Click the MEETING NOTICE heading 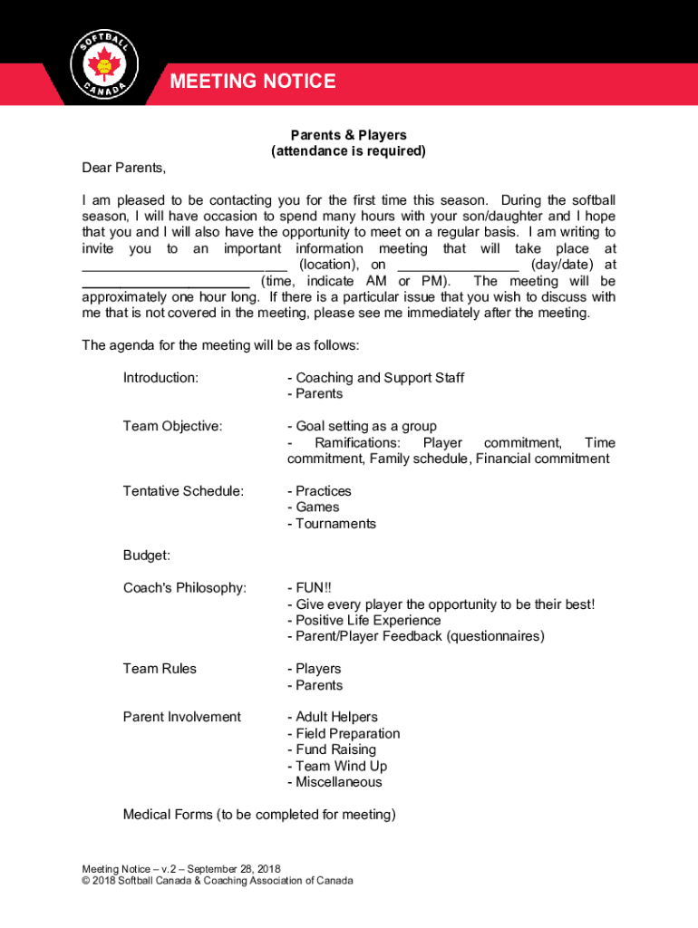[253, 82]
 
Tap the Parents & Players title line [348, 135]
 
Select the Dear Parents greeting [124, 168]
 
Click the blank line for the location [185, 267]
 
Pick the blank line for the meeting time [165, 284]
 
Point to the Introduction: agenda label [161, 378]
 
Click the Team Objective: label [172, 427]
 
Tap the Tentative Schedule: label [183, 491]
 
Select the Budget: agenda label [147, 556]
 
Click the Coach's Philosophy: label [185, 588]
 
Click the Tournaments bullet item [331, 524]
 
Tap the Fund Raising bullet [331, 749]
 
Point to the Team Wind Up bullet [336, 766]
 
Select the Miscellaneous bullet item [334, 782]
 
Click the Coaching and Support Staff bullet [375, 378]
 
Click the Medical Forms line [259, 815]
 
